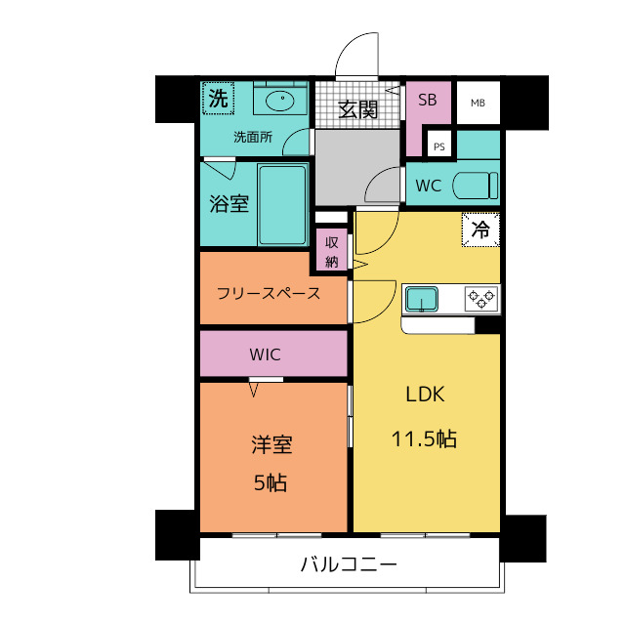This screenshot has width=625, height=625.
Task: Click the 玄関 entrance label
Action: click(358, 109)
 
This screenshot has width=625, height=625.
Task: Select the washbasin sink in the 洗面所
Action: click(281, 99)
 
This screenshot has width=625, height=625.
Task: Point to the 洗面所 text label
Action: click(252, 137)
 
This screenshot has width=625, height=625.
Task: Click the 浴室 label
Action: click(229, 204)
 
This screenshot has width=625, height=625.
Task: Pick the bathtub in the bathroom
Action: click(283, 204)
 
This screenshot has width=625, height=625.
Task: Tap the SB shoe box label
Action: click(428, 100)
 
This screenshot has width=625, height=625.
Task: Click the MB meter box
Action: click(478, 103)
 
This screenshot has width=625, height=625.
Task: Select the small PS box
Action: click(439, 147)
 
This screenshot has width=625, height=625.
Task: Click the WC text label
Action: click(429, 186)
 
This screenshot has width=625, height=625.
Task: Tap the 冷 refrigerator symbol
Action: click(480, 229)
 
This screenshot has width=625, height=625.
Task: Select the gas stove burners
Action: click(480, 298)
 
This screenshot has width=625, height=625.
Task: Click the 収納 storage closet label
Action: click(332, 251)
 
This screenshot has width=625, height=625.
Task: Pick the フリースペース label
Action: click(269, 292)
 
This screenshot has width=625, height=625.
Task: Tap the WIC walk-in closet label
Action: click(265, 354)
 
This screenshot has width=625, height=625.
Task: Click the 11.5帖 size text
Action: click(425, 438)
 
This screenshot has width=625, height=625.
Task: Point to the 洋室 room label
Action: click(271, 445)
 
